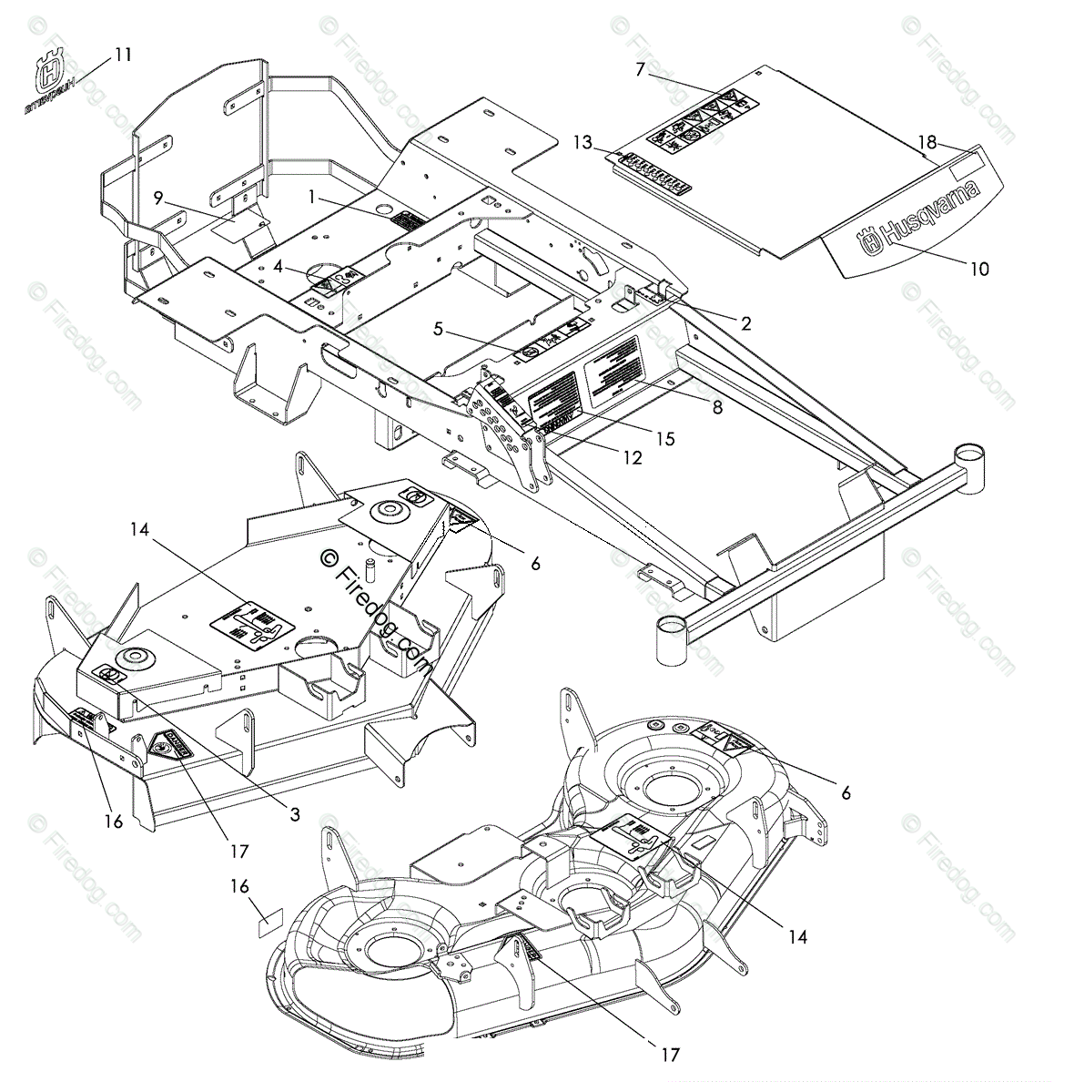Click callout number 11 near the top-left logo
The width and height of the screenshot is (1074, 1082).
pyautogui.click(x=123, y=55)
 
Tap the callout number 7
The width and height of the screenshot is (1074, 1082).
pyautogui.click(x=640, y=69)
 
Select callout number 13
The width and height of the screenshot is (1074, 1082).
pyautogui.click(x=583, y=142)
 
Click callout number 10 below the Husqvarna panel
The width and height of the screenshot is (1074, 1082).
pyautogui.click(x=979, y=269)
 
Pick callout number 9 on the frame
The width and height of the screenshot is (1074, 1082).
pyautogui.click(x=157, y=197)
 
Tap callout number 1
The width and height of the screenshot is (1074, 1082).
pyautogui.click(x=311, y=195)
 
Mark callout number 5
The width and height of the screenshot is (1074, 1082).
pyautogui.click(x=439, y=329)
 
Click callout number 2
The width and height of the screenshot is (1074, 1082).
pyautogui.click(x=745, y=322)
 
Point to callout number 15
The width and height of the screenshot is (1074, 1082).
pyautogui.click(x=665, y=439)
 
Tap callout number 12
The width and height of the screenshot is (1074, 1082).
pyautogui.click(x=632, y=458)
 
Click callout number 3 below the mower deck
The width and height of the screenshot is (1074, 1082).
pyautogui.click(x=295, y=815)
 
